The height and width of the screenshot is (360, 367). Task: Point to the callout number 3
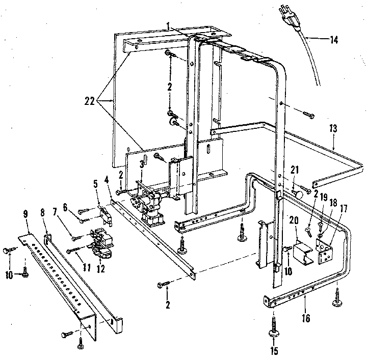141,163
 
